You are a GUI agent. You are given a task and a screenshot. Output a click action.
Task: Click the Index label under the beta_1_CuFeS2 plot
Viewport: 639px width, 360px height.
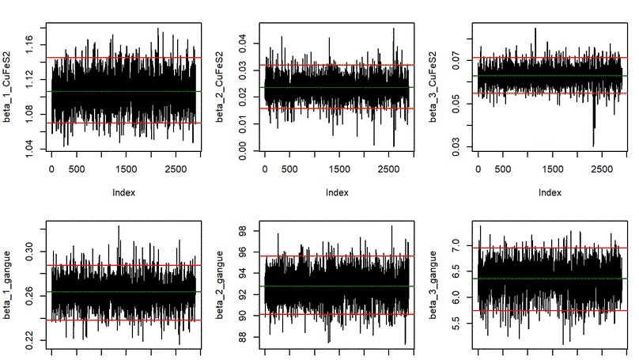[123, 192]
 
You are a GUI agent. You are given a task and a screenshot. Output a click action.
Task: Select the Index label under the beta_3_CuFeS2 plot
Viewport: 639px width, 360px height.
[550, 192]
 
